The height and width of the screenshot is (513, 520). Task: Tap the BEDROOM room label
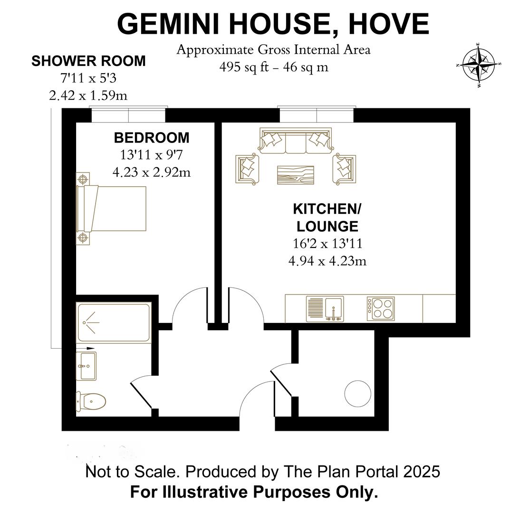pyautogui.click(x=152, y=138)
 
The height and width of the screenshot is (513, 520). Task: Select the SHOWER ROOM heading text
pyautogui.click(x=88, y=61)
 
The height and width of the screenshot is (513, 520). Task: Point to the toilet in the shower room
pyautogui.click(x=91, y=401)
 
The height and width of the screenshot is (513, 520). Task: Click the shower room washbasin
pyautogui.click(x=86, y=366)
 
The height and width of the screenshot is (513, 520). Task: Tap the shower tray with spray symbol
pyautogui.click(x=114, y=323)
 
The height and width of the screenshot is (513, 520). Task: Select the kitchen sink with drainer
pyautogui.click(x=325, y=309)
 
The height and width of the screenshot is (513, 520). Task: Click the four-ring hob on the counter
pyautogui.click(x=381, y=309)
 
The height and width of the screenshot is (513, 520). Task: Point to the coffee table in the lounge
pyautogui.click(x=296, y=175)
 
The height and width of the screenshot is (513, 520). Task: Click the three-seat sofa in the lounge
pyautogui.click(x=296, y=141)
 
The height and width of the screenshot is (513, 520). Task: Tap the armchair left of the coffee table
pyautogui.click(x=247, y=169)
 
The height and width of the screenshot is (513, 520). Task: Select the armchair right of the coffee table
pyautogui.click(x=344, y=169)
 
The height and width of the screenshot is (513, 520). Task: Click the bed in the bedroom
pyautogui.click(x=111, y=209)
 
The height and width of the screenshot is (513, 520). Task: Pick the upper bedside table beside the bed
pyautogui.click(x=83, y=179)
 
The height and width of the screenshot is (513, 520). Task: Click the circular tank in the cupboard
pyautogui.click(x=357, y=394)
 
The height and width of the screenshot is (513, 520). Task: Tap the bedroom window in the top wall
pyautogui.click(x=128, y=114)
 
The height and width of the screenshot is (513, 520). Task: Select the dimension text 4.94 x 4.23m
pyautogui.click(x=327, y=261)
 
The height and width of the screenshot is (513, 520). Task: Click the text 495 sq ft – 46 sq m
pyautogui.click(x=274, y=67)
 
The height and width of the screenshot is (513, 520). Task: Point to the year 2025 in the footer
pyautogui.click(x=422, y=471)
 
